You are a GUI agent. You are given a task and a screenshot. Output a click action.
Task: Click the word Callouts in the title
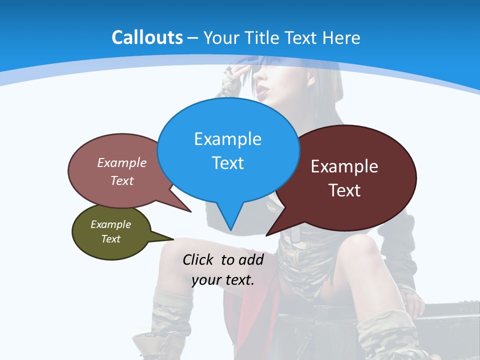(x=147, y=37)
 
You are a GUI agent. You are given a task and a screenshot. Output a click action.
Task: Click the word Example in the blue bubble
(x=227, y=139)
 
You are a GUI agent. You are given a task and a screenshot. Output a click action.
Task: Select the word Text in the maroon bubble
(x=344, y=190)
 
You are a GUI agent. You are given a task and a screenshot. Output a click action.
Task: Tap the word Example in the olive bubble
(x=110, y=224)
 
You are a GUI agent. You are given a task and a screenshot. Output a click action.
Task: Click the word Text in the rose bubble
(x=122, y=180)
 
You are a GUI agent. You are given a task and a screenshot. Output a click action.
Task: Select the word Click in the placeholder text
(x=199, y=259)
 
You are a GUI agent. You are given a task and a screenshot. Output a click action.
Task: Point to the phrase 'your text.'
(x=223, y=280)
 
